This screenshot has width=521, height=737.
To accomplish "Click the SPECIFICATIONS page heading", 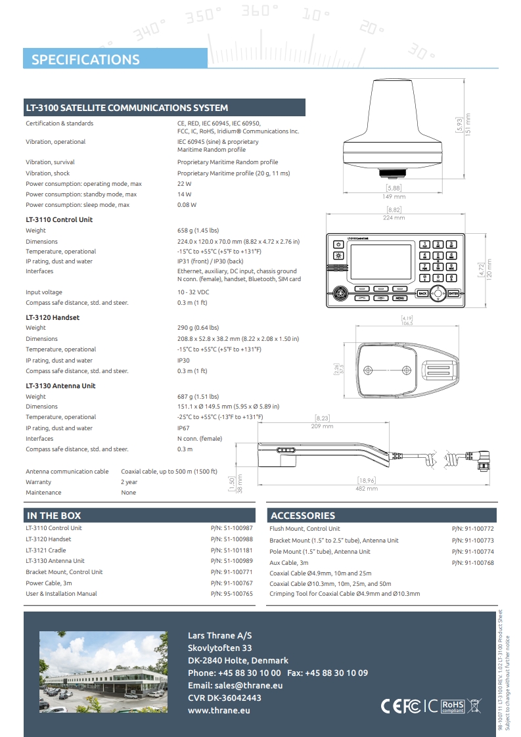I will (85, 60).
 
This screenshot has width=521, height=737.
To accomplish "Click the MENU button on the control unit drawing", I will (399, 298).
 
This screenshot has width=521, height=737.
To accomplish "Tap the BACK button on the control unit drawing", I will (422, 294).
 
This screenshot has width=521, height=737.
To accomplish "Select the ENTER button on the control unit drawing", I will (453, 294).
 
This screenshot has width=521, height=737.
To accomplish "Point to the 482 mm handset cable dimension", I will (367, 488).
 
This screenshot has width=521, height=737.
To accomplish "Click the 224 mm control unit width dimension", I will (394, 217).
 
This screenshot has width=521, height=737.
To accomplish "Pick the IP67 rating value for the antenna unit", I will (184, 428).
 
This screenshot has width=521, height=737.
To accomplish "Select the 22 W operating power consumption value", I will (184, 184).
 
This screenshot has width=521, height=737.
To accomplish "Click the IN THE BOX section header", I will (54, 516).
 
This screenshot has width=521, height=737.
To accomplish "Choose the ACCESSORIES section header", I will (303, 516).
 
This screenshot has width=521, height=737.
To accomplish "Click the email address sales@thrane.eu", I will (235, 685).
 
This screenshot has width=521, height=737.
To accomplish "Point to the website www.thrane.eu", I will (219, 710).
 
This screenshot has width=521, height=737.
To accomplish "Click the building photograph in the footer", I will (103, 672).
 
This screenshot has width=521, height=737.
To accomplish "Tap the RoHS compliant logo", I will (453, 706).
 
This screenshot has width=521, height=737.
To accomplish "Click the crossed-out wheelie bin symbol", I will (474, 706).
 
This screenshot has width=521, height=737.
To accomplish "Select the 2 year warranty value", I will (129, 482).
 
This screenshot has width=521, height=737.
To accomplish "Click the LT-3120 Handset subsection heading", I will (53, 317).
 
